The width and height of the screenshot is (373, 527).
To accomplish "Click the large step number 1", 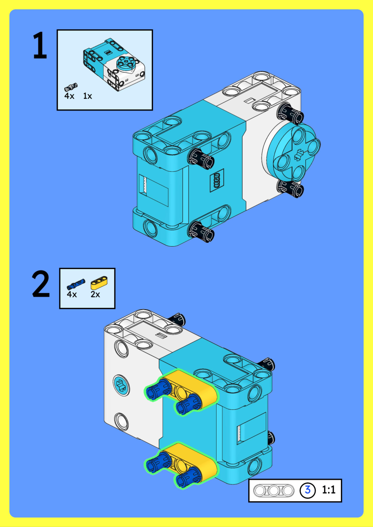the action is (40, 45).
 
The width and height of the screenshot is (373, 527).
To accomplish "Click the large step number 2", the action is (41, 284).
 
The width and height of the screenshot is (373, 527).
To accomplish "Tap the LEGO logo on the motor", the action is (217, 180).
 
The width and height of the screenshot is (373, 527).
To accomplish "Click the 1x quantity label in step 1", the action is (88, 96).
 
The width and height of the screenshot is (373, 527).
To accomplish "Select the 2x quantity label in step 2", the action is (95, 294).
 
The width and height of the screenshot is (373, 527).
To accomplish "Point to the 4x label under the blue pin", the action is (72, 294).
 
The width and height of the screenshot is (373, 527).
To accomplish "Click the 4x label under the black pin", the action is (69, 96).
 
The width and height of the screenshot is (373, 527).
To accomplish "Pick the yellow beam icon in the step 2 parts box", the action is (99, 283).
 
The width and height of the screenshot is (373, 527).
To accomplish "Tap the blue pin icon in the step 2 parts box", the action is (76, 284).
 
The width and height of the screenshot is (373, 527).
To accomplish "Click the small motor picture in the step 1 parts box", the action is (114, 64).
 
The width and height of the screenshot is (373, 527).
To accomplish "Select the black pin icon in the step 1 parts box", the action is (71, 87).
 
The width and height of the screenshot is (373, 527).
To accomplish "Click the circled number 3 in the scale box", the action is (307, 490).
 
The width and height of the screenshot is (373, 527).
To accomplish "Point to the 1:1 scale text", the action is (328, 490).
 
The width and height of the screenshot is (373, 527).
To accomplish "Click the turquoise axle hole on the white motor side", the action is (121, 386).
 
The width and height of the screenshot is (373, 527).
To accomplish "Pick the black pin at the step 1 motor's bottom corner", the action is (202, 232).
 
